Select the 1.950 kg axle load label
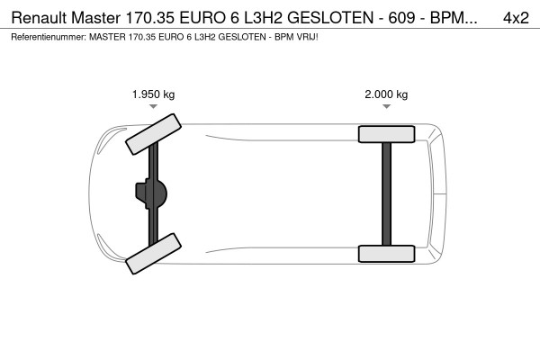[153, 94]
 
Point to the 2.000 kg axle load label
[386, 94]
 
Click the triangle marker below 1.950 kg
[153, 107]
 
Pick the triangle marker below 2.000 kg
[386, 107]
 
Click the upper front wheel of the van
[151, 133]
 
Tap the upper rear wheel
[386, 134]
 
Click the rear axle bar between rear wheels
[386, 193]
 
